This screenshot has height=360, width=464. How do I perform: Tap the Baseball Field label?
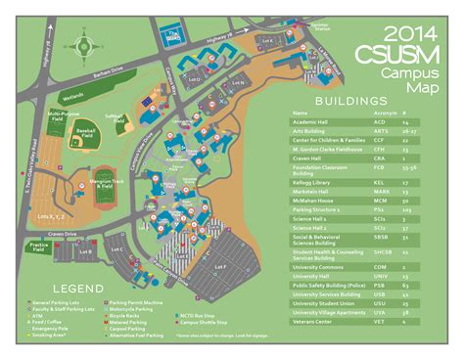pos(85,130)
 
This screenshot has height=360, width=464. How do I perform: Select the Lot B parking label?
pos(85,252)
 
